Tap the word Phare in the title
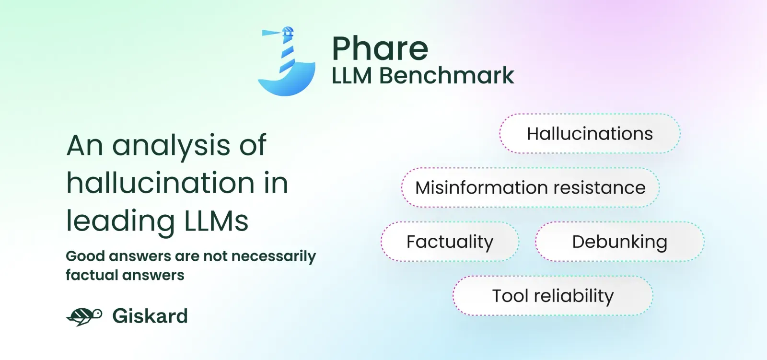click(380, 48)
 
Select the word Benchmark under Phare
click(446, 75)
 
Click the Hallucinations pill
click(590, 134)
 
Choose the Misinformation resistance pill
click(530, 188)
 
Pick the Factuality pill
click(450, 242)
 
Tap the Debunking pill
click(620, 242)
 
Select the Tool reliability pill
click(553, 296)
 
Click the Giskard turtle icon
click(84, 316)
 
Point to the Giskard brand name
click(150, 316)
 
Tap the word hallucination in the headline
click(160, 183)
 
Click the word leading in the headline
click(120, 221)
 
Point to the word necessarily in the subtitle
click(274, 256)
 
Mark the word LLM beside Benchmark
click(352, 75)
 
